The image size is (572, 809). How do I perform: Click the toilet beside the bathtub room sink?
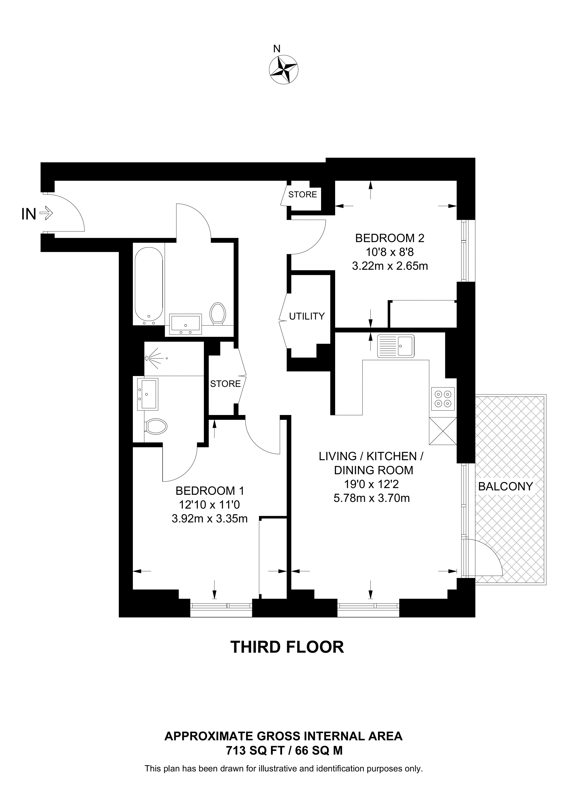click(217, 313)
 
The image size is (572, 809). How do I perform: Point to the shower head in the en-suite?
click(149, 358)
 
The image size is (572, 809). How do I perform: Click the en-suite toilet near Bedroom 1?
click(156, 427)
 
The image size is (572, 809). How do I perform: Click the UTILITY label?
click(307, 317)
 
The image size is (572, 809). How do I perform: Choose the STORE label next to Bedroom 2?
click(302, 194)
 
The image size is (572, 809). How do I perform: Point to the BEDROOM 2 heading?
click(389, 238)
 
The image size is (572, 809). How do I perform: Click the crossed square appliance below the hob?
click(443, 431)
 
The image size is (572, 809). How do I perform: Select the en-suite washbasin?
click(148, 394)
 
